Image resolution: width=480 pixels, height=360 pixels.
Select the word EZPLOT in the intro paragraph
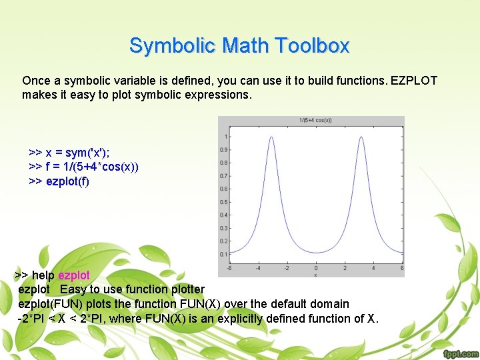[413, 81]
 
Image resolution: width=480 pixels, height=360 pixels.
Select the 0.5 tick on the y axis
[224, 202]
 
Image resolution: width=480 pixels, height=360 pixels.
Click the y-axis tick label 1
[226, 137]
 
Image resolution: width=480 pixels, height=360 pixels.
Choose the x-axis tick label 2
[345, 268]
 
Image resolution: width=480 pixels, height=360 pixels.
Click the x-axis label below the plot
[315, 274]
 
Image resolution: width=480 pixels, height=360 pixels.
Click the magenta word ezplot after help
[74, 275]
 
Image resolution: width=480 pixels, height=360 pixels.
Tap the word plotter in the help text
[185, 289]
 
